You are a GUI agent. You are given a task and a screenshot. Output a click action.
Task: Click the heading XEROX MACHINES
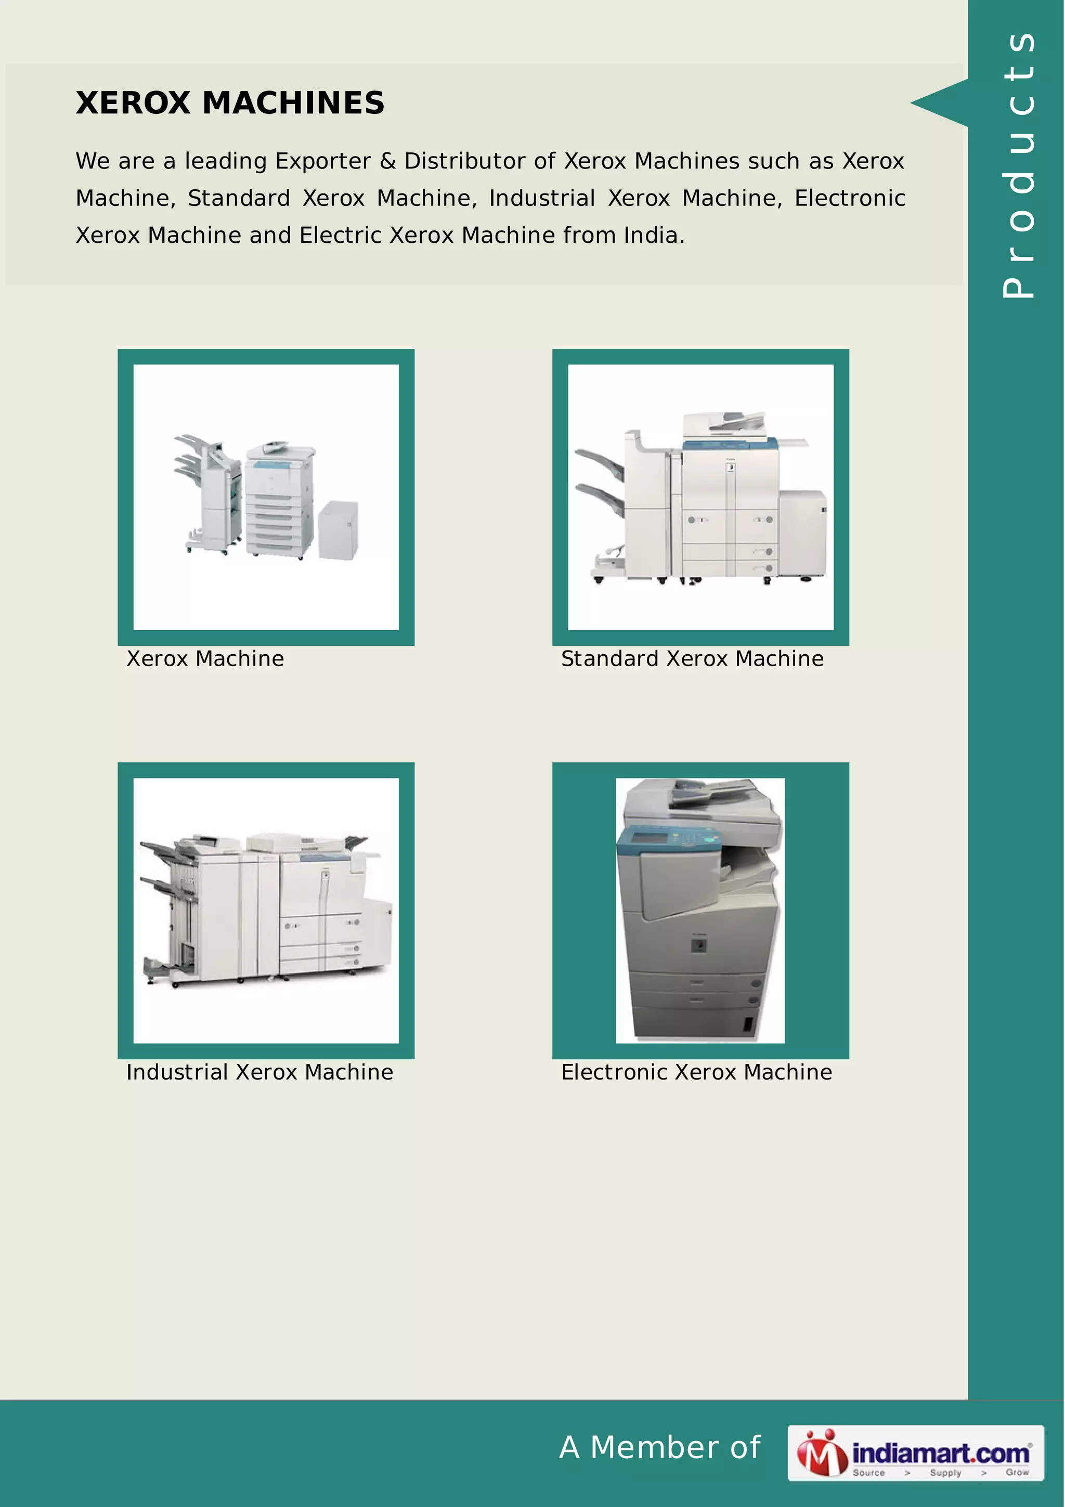pyautogui.click(x=230, y=103)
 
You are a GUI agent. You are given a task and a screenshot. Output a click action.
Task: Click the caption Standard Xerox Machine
pyautogui.click(x=692, y=659)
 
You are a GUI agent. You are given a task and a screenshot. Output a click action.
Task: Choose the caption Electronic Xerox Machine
pyautogui.click(x=696, y=1072)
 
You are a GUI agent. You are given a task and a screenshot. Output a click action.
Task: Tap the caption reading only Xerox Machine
pyautogui.click(x=205, y=659)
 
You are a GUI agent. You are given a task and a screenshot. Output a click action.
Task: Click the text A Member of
pyautogui.click(x=659, y=1447)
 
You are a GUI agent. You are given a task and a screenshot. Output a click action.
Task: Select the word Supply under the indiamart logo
pyautogui.click(x=945, y=1472)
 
